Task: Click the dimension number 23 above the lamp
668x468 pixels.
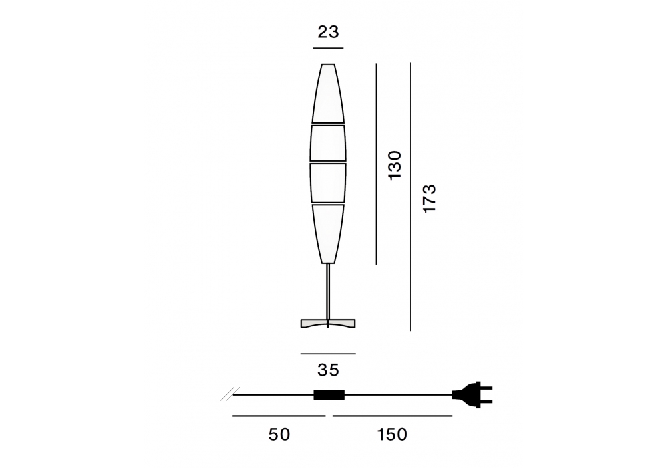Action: pyautogui.click(x=328, y=32)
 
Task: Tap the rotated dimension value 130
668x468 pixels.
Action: pyautogui.click(x=395, y=165)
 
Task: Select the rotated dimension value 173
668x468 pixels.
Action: pyautogui.click(x=429, y=198)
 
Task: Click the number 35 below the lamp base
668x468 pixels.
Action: pyautogui.click(x=328, y=370)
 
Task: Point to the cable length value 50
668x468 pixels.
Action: pyautogui.click(x=279, y=435)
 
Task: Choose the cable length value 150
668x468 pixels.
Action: pyautogui.click(x=392, y=435)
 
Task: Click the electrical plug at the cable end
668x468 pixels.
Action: pyautogui.click(x=472, y=394)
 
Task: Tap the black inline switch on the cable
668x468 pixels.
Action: pyautogui.click(x=329, y=395)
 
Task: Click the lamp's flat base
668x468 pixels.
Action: pyautogui.click(x=327, y=324)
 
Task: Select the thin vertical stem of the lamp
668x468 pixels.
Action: pyautogui.click(x=327, y=291)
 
